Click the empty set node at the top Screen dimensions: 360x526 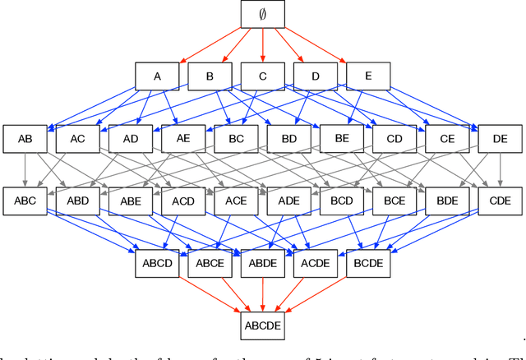tap(262, 14)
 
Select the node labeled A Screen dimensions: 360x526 tap(157, 76)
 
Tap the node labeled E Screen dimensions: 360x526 tap(367, 76)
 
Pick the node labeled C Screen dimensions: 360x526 tap(262, 76)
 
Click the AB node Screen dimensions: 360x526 tap(25, 139)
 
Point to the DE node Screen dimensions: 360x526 tap(500, 139)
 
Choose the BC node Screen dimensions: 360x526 tap(236, 139)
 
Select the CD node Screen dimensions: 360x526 tap(394, 139)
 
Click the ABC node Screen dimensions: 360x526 tap(25, 201)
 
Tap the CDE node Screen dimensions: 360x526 tap(500, 201)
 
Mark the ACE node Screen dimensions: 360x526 tap(236, 201)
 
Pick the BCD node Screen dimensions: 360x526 tap(341, 201)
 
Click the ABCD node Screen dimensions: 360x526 tap(157, 264)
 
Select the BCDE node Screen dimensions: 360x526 tap(367, 264)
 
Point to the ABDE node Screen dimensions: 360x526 tap(262, 264)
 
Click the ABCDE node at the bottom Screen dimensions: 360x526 tap(262, 326)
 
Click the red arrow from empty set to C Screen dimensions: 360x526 tap(262, 45)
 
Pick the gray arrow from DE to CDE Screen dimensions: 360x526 tap(500, 170)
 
